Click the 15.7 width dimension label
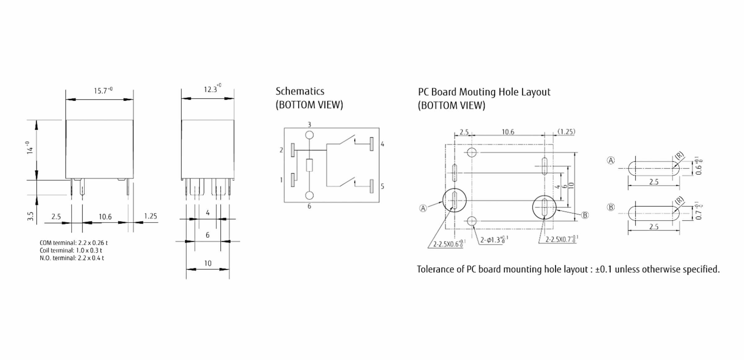(103, 91)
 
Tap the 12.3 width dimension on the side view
(212, 89)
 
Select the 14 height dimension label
(30, 148)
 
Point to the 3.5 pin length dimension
(30, 216)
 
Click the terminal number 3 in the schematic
(309, 125)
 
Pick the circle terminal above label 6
(309, 195)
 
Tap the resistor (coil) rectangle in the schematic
(309, 165)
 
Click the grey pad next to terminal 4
(372, 144)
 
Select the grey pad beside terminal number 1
(293, 180)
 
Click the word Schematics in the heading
(300, 91)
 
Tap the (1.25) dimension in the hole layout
(566, 132)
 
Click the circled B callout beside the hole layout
(585, 215)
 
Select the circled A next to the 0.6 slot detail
(611, 160)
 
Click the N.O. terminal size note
(72, 258)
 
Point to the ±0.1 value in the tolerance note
(603, 270)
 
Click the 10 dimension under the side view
(208, 263)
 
